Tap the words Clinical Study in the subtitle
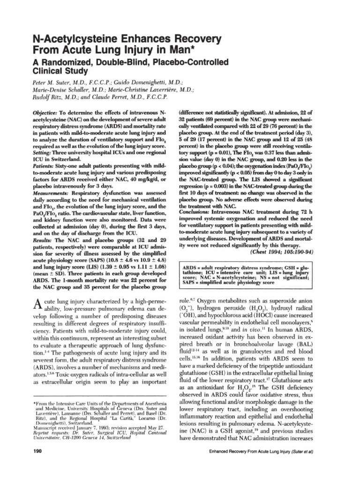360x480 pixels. [62, 72]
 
